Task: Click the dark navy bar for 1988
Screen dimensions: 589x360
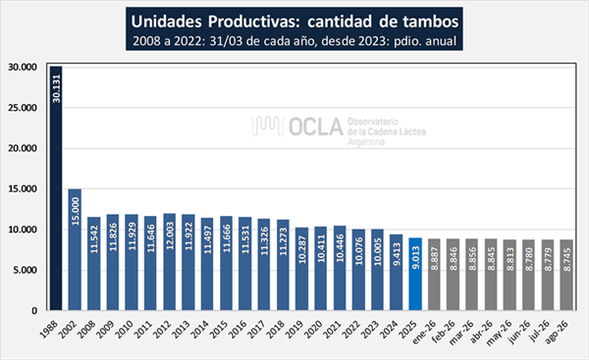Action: point(56,188)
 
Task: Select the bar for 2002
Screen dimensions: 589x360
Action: point(75,249)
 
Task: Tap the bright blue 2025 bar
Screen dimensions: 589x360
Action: point(415,274)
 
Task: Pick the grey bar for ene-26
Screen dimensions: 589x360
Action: point(434,275)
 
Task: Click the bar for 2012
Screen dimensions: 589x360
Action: point(170,262)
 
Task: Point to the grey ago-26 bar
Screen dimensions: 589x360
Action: point(566,275)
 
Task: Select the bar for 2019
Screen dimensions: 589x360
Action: point(301,269)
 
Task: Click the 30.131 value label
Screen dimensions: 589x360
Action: point(56,88)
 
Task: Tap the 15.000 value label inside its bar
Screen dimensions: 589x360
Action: point(76,211)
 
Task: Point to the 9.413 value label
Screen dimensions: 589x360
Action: point(397,254)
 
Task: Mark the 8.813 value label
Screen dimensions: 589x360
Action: point(510,259)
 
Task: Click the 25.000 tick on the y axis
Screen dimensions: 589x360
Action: point(23,108)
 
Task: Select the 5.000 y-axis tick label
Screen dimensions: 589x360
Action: point(26,270)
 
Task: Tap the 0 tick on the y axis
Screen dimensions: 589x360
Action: point(34,311)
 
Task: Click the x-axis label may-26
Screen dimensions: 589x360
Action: point(500,333)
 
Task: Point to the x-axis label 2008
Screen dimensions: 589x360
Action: point(87,329)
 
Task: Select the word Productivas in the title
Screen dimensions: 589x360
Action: point(254,22)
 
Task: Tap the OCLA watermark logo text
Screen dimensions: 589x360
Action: point(316,127)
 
